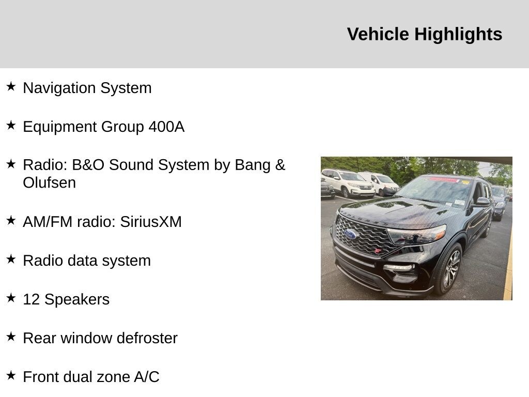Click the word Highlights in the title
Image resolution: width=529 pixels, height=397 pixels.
(x=458, y=35)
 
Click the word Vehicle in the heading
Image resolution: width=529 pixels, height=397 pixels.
(x=378, y=34)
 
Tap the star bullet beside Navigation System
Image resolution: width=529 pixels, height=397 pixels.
(x=11, y=86)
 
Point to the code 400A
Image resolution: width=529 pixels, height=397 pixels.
(x=167, y=127)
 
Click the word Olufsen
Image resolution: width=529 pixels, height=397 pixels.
(x=49, y=182)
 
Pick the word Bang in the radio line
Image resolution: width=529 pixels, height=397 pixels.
(x=253, y=165)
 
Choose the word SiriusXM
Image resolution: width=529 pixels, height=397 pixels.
(x=151, y=222)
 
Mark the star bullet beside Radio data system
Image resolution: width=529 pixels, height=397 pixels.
(x=11, y=259)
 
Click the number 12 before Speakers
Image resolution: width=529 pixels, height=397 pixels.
(x=32, y=299)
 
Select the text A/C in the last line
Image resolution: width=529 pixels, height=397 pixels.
(x=146, y=377)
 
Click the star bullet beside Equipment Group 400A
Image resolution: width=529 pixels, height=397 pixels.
(x=11, y=125)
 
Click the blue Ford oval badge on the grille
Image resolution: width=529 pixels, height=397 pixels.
(x=351, y=234)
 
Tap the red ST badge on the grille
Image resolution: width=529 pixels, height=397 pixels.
(x=378, y=251)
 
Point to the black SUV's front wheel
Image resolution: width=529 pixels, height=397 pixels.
(x=449, y=268)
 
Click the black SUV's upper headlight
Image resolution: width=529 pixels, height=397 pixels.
(x=417, y=234)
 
